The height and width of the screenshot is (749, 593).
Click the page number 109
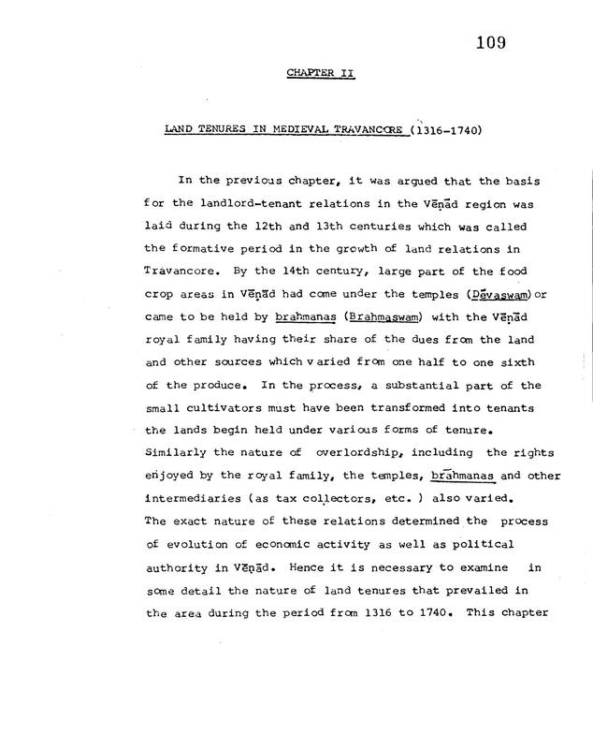[489, 41]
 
